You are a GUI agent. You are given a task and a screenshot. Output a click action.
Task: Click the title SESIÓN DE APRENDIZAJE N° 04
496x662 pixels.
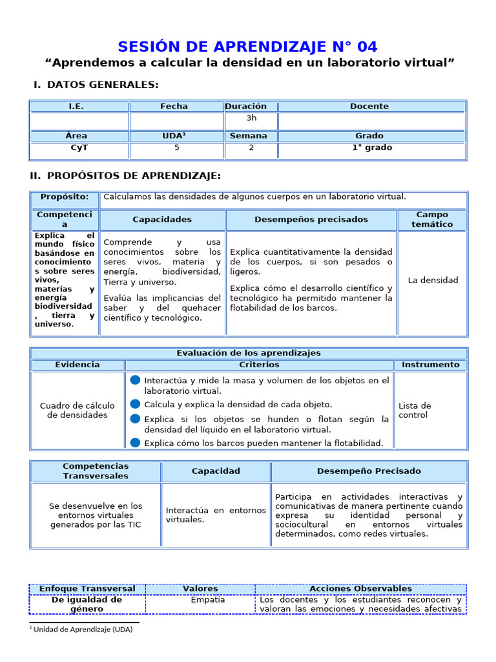pos(248,47)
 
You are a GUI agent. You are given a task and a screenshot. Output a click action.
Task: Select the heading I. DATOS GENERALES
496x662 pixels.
pos(96,85)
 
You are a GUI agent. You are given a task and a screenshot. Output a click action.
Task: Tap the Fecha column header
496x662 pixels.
pos(174,106)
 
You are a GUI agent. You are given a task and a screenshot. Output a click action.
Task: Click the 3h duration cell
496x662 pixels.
pos(251,118)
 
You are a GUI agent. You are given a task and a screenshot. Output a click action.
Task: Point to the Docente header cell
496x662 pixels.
pos(369,106)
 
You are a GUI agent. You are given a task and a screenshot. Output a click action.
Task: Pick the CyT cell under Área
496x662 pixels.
pos(79,147)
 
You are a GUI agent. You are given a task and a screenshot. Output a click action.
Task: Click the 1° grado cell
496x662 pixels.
pos(372,147)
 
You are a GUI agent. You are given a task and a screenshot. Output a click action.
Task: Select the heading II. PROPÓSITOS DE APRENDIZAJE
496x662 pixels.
pos(125,176)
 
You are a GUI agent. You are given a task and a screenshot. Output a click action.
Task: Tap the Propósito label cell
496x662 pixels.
pos(65,197)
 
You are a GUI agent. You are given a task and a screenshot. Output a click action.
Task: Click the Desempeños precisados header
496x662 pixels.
pos(311,220)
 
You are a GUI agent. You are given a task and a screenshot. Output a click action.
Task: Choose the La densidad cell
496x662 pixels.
pos(433,280)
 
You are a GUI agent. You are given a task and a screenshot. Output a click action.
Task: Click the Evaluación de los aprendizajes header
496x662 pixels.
pos(249,353)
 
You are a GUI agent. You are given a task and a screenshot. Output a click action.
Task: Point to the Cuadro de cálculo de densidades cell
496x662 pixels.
pos(77,410)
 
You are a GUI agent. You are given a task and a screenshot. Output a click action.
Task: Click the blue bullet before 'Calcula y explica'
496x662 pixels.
pos(135,403)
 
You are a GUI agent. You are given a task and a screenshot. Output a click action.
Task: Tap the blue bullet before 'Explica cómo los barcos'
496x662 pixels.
pos(135,442)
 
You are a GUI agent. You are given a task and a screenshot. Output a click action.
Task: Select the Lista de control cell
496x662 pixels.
pos(415,410)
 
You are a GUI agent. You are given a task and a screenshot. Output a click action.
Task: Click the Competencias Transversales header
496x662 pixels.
pos(96,471)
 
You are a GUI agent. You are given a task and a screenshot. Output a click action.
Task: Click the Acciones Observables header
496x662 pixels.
pos(360,588)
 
